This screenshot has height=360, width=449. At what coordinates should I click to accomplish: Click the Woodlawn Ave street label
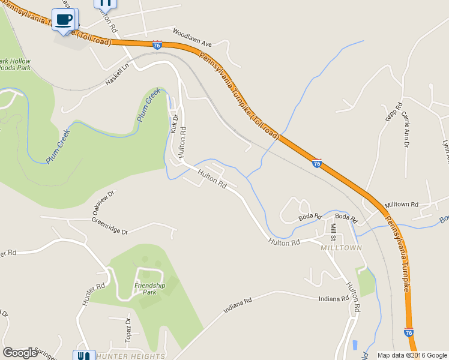click(192, 37)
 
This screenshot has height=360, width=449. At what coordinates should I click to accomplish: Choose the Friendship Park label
click(149, 289)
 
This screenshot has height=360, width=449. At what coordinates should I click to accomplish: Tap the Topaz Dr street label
click(128, 329)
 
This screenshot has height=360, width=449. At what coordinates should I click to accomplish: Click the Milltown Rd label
click(402, 205)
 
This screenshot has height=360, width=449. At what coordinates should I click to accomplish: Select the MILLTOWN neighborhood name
click(341, 248)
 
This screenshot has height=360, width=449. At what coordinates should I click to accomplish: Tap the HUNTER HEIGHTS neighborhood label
click(130, 356)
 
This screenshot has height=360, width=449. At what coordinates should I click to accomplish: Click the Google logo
click(20, 353)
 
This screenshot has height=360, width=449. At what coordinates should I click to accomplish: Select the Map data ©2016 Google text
click(412, 355)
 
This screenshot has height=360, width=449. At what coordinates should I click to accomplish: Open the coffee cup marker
click(64, 19)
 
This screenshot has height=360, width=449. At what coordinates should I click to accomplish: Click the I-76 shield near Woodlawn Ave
click(157, 45)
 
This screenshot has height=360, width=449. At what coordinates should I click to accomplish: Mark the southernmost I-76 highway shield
click(408, 332)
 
